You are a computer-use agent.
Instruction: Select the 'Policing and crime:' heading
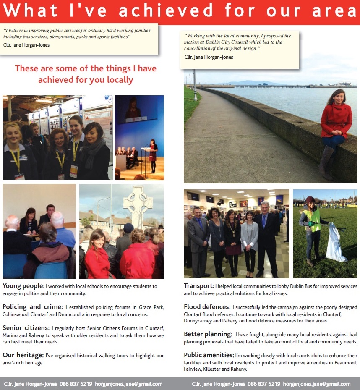click(x=33, y=307)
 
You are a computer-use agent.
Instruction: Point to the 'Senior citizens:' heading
click(x=26, y=327)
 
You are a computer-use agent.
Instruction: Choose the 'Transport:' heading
click(x=199, y=286)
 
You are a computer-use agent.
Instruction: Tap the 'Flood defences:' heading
click(x=207, y=306)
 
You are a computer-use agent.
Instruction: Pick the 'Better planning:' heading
click(x=208, y=334)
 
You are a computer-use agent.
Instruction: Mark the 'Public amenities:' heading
click(x=209, y=355)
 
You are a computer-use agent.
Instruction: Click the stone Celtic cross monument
click(x=137, y=206)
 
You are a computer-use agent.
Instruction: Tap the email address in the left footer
click(x=128, y=384)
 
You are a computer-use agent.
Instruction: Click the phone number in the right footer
click(x=264, y=384)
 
